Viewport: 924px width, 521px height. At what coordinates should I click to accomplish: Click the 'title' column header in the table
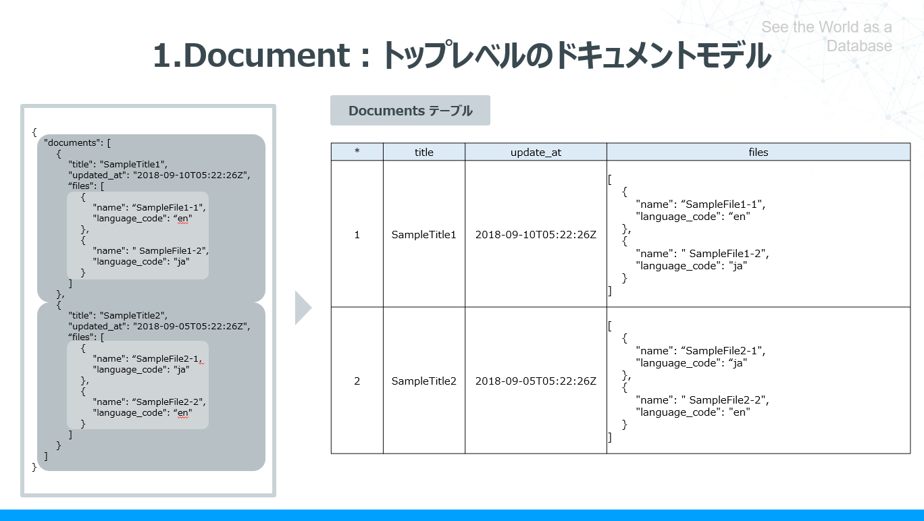pos(423,152)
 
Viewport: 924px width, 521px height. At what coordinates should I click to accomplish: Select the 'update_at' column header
pos(536,152)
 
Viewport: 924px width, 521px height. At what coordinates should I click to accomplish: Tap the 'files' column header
pos(758,152)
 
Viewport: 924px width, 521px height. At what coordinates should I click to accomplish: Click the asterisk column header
pos(357,152)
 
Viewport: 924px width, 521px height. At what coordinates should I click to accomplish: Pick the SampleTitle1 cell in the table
pos(423,235)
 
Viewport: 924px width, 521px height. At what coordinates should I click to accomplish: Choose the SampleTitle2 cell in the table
pos(423,381)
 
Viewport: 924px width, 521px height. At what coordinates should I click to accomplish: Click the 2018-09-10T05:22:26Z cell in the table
pos(536,235)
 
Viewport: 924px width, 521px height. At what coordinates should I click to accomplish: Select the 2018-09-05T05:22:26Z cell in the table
pos(536,381)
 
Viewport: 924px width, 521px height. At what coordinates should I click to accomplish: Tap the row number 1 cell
pos(357,235)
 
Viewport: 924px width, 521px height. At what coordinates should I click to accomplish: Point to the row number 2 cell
pos(357,381)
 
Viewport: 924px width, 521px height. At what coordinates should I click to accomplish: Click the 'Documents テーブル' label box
pos(410,111)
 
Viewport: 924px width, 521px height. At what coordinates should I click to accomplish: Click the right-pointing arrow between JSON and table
pos(303,308)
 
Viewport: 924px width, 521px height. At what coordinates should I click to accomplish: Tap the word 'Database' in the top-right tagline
pos(859,46)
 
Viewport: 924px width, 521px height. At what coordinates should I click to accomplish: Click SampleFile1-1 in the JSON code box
pos(170,207)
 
